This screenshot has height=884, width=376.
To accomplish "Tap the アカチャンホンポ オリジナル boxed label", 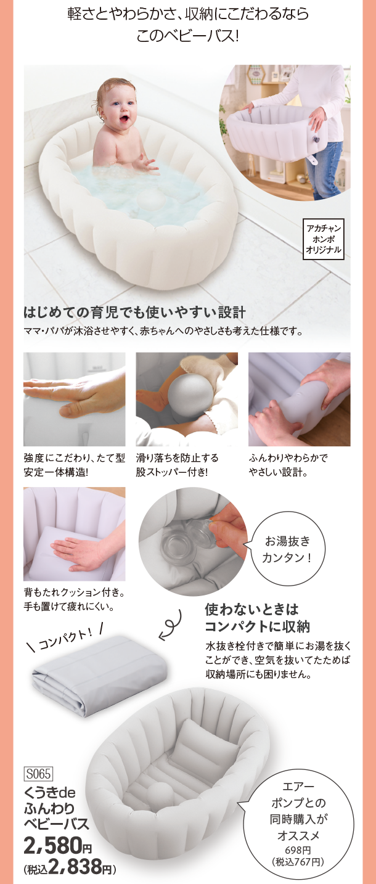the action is (323, 239).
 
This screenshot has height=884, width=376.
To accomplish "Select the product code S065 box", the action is (38, 774).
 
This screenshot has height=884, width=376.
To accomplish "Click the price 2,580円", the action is (57, 845).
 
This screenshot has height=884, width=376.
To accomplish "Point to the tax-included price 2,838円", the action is (70, 866).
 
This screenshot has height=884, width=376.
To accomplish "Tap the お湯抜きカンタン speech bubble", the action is (287, 549).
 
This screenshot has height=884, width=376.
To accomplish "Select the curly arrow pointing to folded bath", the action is (171, 626).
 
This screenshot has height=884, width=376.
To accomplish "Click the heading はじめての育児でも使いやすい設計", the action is (134, 313).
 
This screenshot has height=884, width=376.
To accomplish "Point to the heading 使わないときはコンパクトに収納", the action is (257, 618).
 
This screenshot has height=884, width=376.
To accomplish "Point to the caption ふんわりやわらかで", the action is (288, 458).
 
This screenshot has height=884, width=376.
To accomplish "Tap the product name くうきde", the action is (50, 792).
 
